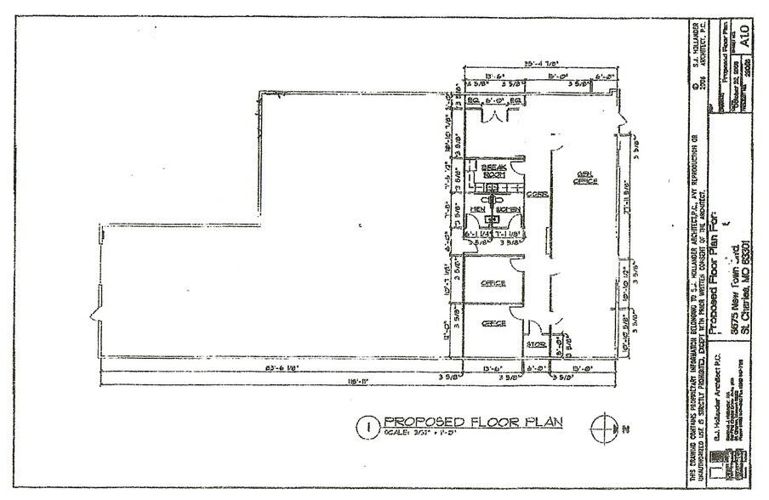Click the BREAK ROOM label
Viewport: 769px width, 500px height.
493,170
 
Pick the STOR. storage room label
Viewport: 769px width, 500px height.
535,345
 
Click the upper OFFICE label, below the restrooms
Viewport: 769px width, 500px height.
493,283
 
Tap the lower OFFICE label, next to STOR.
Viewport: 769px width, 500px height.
493,324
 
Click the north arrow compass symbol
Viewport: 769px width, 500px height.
605,426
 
